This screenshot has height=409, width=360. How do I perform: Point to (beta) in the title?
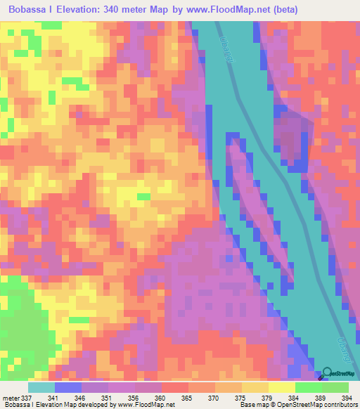(x=285, y=10)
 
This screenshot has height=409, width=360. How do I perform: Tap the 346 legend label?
(x=82, y=397)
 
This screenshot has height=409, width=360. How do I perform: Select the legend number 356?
(x=135, y=397)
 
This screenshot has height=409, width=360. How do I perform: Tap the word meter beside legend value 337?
(x=11, y=397)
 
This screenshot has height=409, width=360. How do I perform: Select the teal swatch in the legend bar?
(x=41, y=387)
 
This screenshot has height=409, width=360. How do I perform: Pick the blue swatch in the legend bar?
(x=68, y=387)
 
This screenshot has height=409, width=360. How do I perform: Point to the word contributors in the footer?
(x=340, y=404)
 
